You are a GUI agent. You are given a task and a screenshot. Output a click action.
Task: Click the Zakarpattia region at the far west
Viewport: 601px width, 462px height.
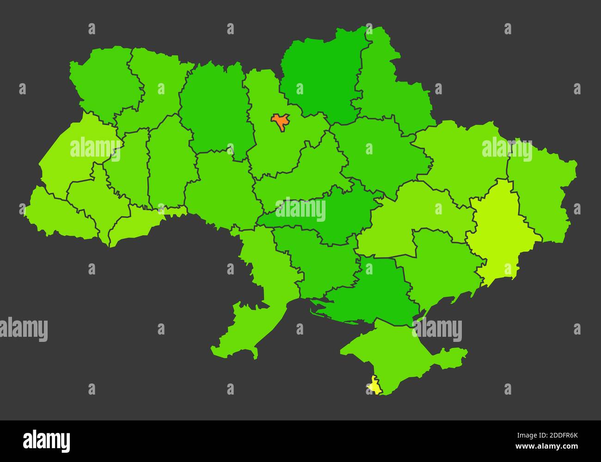point(55,213)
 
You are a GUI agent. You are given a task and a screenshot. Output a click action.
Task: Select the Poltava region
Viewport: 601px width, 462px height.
point(379,152)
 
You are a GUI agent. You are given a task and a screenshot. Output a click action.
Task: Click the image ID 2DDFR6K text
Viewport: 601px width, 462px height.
point(554,435)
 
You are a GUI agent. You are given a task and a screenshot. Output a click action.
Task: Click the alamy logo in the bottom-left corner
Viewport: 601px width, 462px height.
point(46,441)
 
